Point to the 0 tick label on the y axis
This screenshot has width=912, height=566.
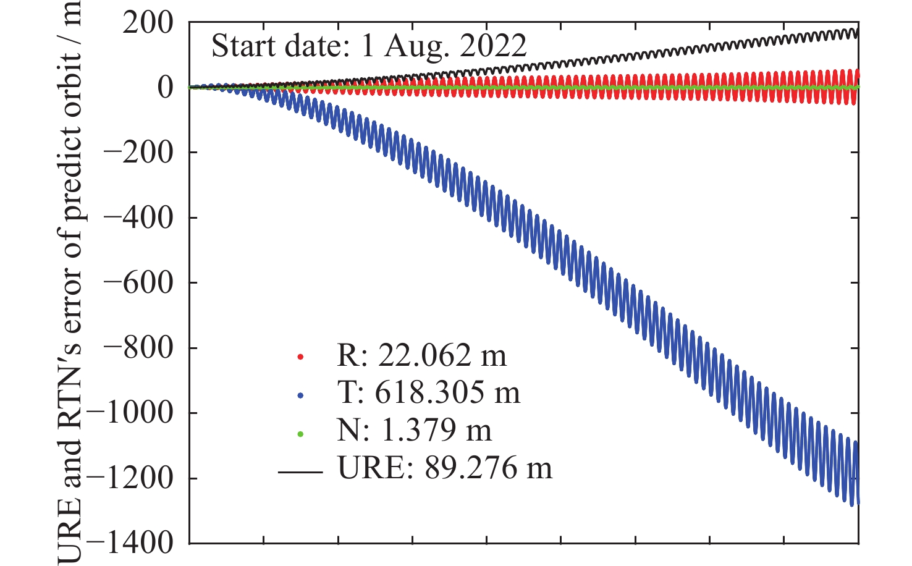click(165, 87)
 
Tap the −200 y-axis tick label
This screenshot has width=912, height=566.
click(137, 152)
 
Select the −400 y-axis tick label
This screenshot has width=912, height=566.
click(137, 218)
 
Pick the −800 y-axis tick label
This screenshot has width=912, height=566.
click(137, 348)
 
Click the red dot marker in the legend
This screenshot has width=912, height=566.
click(301, 357)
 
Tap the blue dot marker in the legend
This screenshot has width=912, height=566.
click(301, 395)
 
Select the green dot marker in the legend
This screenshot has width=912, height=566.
click(301, 434)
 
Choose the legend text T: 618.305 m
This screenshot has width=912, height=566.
click(429, 393)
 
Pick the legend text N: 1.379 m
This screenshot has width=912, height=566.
click(414, 431)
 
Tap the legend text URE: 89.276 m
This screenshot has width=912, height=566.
click(445, 468)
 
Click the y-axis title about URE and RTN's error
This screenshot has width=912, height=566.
click(70, 283)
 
